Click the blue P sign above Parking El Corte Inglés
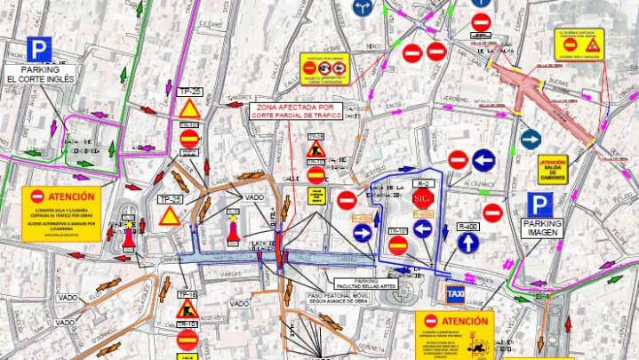(x=38, y=49)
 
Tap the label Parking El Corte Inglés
(x=38, y=75)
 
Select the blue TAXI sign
(x=456, y=293)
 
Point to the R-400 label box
(x=468, y=227)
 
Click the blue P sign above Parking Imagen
(x=539, y=205)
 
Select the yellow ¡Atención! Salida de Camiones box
(x=552, y=167)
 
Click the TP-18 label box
(x=187, y=293)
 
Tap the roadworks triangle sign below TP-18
(x=187, y=309)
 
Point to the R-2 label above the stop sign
(x=421, y=182)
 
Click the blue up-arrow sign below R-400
(x=468, y=243)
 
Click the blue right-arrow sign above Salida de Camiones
(x=531, y=140)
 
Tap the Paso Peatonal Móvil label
(x=314, y=297)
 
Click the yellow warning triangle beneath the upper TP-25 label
(x=189, y=108)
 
